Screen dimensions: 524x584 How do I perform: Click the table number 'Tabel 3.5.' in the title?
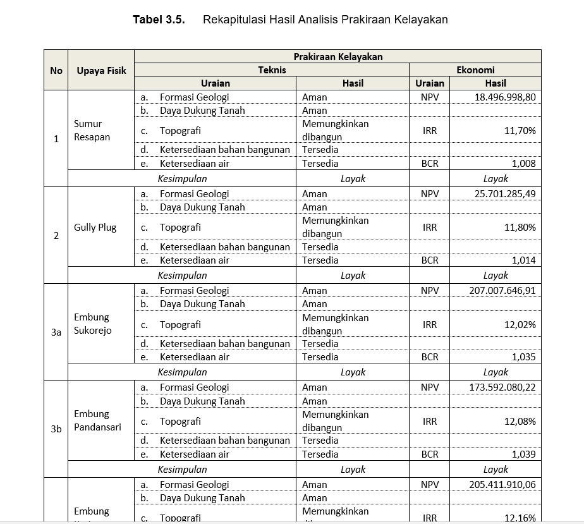coord(158,20)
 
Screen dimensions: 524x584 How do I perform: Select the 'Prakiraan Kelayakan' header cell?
coord(338,56)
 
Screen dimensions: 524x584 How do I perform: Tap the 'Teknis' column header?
coord(272,70)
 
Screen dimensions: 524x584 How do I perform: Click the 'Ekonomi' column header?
coord(475,70)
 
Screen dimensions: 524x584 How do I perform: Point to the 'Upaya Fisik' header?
coord(101,70)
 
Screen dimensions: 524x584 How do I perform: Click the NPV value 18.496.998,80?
coord(505,97)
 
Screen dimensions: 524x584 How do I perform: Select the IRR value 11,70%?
coord(520,131)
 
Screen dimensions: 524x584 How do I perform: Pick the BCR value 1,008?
coord(523,163)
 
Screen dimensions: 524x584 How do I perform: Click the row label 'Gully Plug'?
coord(95,227)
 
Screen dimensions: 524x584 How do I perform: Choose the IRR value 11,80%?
coord(520,228)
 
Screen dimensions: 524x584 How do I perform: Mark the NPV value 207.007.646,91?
coord(502,290)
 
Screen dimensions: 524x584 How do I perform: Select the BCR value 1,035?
coord(523,356)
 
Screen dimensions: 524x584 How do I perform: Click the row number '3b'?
coord(56,428)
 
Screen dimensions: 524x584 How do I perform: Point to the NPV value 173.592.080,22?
coord(502,387)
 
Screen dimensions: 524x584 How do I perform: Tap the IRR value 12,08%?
coord(520,421)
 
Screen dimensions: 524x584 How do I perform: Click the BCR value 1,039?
coord(523,454)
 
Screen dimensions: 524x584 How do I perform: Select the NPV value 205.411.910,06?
coord(502,484)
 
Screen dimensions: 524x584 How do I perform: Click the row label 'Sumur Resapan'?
coord(91,130)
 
